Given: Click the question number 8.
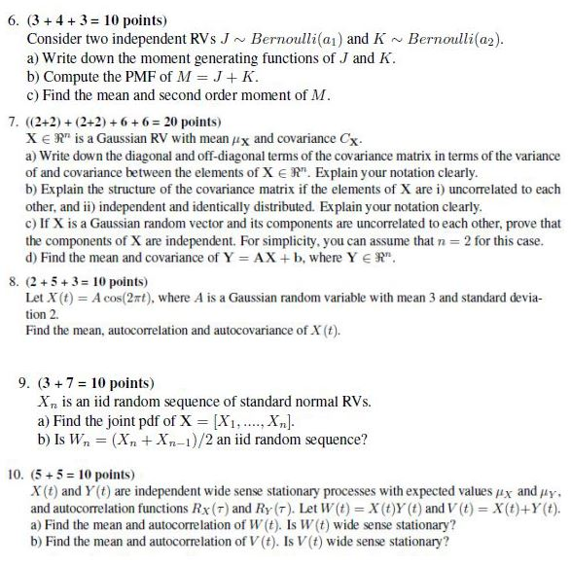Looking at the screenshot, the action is pyautogui.click(x=12, y=282).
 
